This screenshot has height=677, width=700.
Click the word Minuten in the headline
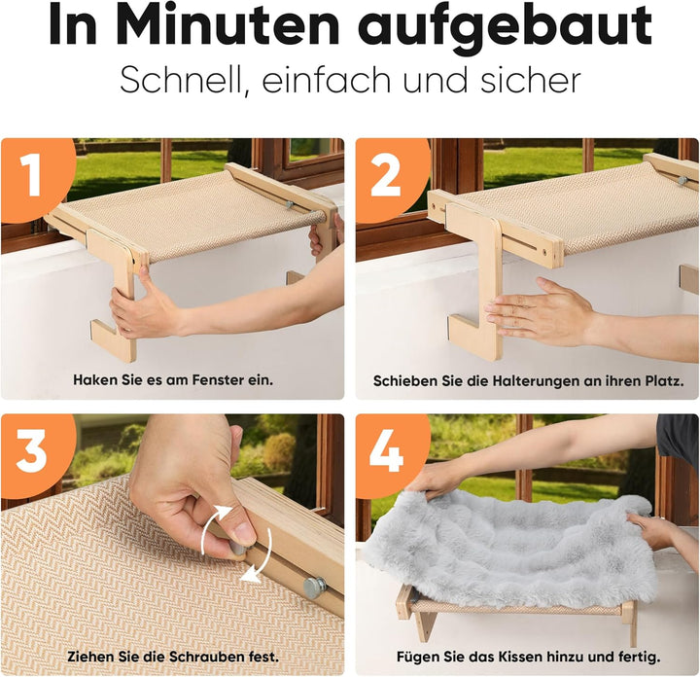(230, 23)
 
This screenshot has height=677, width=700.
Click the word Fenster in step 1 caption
(216, 380)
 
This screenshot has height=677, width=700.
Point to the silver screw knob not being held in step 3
(314, 587)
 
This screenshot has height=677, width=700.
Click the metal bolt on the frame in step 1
(290, 204)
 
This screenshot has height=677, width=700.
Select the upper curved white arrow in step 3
(214, 527)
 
